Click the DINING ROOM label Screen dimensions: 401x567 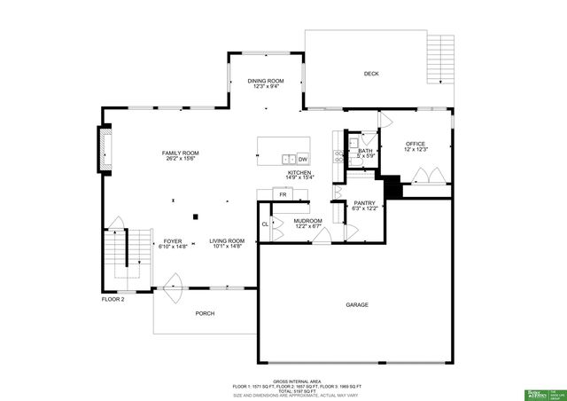[x=266, y=81]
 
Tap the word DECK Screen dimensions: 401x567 [x=370, y=74]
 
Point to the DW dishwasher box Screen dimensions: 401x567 [x=302, y=159]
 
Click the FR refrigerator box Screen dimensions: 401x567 [x=283, y=194]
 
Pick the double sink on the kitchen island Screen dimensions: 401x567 [x=288, y=159]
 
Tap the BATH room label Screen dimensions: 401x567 [x=365, y=151]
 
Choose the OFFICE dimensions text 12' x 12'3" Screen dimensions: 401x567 [x=416, y=150]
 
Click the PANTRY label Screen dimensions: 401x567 [x=365, y=202]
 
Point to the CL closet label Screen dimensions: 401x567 [x=265, y=224]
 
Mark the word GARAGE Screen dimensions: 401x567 [x=357, y=304]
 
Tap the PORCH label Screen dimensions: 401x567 [x=205, y=313]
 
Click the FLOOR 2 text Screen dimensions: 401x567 [x=113, y=299]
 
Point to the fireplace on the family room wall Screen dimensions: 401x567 [x=103, y=145]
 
